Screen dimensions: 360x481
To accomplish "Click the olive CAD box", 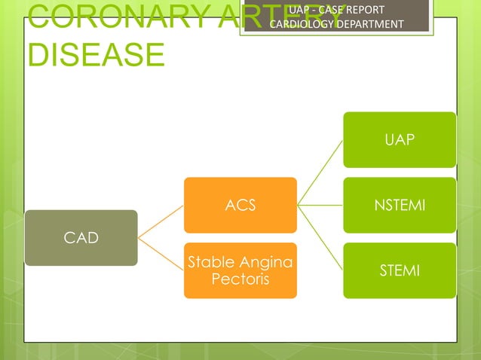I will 81,238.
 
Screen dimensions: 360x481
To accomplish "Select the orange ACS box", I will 240,205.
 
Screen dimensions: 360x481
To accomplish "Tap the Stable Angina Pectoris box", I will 240,270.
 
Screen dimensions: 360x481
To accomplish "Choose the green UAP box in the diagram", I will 400,139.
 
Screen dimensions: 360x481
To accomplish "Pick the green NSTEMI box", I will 400,205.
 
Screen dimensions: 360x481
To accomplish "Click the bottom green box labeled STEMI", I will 400,270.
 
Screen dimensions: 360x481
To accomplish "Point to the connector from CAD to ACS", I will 161,221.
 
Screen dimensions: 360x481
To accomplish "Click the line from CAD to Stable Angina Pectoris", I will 161,255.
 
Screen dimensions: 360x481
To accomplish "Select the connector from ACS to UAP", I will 320,172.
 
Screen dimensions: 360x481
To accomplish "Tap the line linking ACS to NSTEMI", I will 320,204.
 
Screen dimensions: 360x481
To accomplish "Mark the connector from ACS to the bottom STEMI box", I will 320,237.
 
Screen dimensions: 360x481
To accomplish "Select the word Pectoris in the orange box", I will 240,279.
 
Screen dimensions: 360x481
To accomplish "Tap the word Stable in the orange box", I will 210,263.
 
